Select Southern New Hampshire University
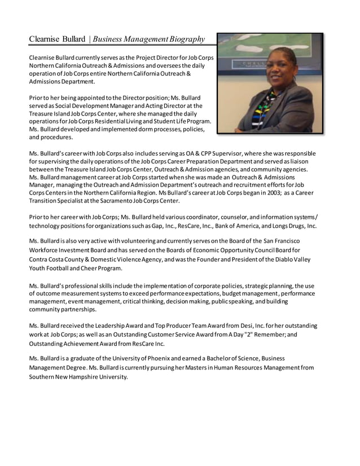(78, 376)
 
